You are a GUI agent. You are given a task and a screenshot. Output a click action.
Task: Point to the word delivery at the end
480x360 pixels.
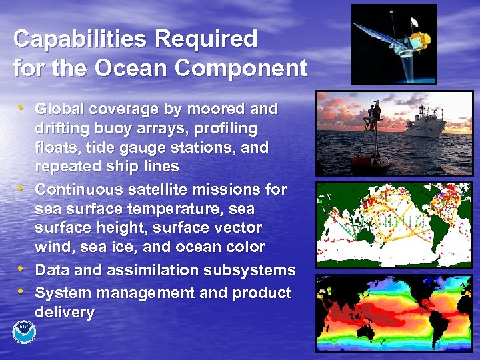pos(65,312)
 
